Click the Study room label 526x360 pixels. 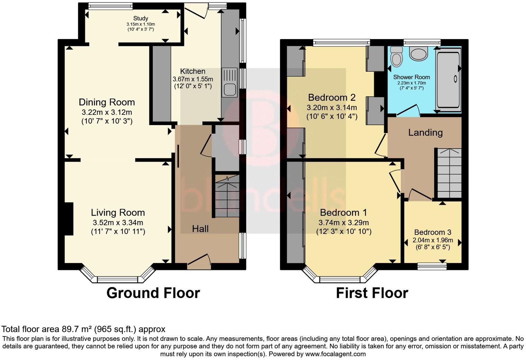click(x=140, y=18)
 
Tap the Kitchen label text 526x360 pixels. click(x=192, y=71)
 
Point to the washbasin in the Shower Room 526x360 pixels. click(x=418, y=53)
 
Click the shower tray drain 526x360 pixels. click(x=455, y=79)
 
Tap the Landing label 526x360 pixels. click(x=425, y=133)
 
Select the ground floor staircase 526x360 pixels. click(x=227, y=196)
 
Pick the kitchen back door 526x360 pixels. click(x=196, y=11)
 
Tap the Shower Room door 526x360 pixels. click(x=408, y=110)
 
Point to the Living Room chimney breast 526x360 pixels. click(x=69, y=218)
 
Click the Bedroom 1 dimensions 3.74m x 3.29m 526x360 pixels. click(x=344, y=223)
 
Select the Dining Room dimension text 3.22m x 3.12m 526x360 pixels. click(x=107, y=112)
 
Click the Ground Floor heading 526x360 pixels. click(x=153, y=293)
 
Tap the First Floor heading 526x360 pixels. click(x=372, y=293)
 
